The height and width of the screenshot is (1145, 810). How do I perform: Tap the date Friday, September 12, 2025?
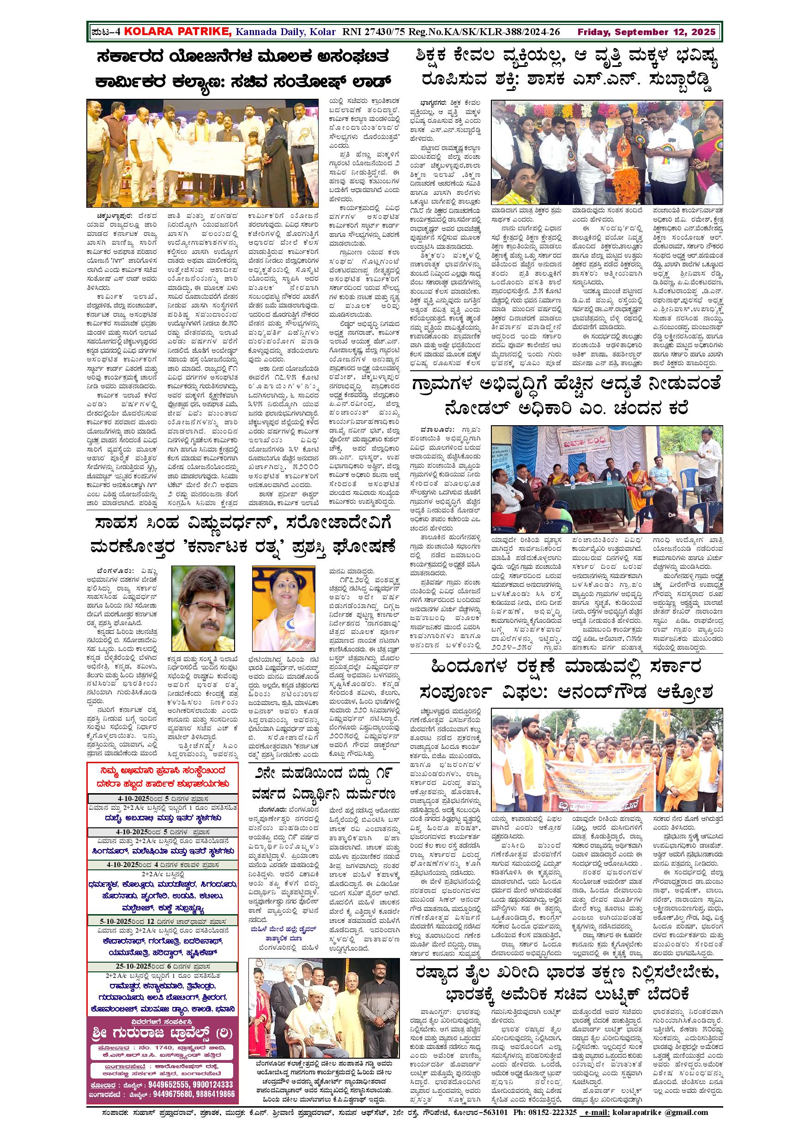[647, 32]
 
